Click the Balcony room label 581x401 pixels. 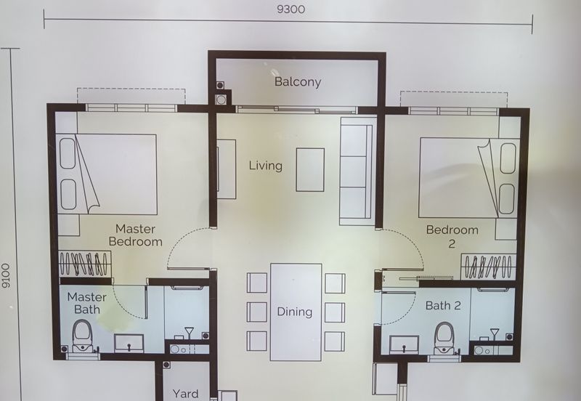click(x=297, y=82)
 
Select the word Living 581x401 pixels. click(x=265, y=166)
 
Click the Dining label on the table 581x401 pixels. click(x=294, y=312)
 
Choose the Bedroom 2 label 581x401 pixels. click(x=452, y=237)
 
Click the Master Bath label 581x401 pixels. click(x=86, y=303)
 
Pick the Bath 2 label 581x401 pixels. click(x=443, y=306)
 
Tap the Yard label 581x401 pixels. click(x=185, y=394)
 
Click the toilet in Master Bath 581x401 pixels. click(x=83, y=336)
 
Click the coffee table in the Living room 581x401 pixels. click(x=310, y=169)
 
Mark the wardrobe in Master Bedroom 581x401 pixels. click(x=84, y=265)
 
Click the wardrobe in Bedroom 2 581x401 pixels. click(x=489, y=267)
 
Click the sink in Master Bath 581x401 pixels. click(x=129, y=342)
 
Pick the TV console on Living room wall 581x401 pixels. click(x=226, y=169)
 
